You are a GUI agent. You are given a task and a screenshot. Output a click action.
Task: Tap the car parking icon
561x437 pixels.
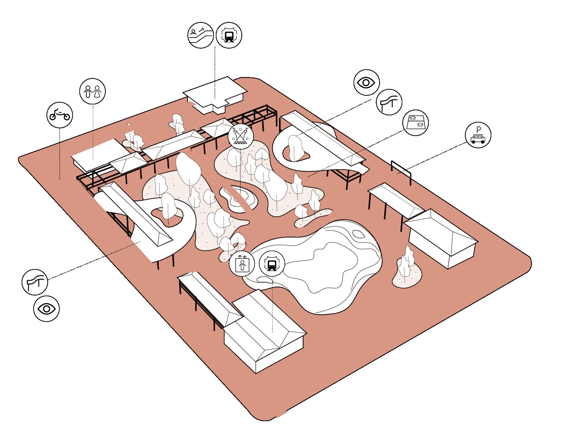478,135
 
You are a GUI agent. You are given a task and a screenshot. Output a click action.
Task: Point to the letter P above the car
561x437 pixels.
478,130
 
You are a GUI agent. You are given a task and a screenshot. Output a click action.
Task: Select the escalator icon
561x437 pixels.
201,35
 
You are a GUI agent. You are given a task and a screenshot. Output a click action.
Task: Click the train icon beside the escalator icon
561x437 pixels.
229,35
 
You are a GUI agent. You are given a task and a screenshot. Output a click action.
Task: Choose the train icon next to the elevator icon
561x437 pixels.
272,264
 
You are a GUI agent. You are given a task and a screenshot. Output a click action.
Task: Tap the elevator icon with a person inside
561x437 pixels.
242,264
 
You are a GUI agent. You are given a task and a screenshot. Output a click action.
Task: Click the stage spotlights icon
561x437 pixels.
241,136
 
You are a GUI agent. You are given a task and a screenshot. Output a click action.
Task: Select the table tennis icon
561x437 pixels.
416,122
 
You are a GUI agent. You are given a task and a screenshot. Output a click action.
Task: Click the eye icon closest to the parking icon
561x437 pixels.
366,83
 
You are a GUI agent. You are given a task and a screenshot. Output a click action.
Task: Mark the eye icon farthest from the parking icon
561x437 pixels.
46,309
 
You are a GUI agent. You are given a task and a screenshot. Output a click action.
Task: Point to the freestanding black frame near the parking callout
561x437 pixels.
401,170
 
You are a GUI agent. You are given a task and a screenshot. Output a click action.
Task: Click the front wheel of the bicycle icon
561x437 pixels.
67,116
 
